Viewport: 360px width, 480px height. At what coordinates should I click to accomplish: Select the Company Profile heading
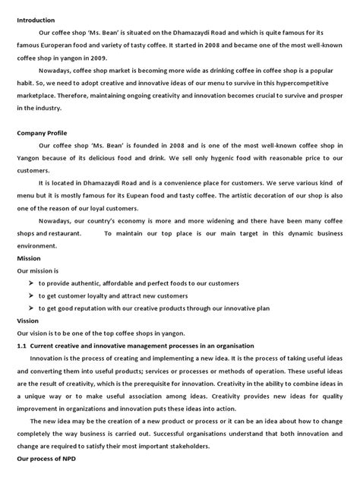(x=43, y=132)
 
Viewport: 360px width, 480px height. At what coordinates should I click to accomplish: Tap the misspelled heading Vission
(x=29, y=321)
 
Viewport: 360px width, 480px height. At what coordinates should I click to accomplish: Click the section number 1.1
(x=22, y=346)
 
